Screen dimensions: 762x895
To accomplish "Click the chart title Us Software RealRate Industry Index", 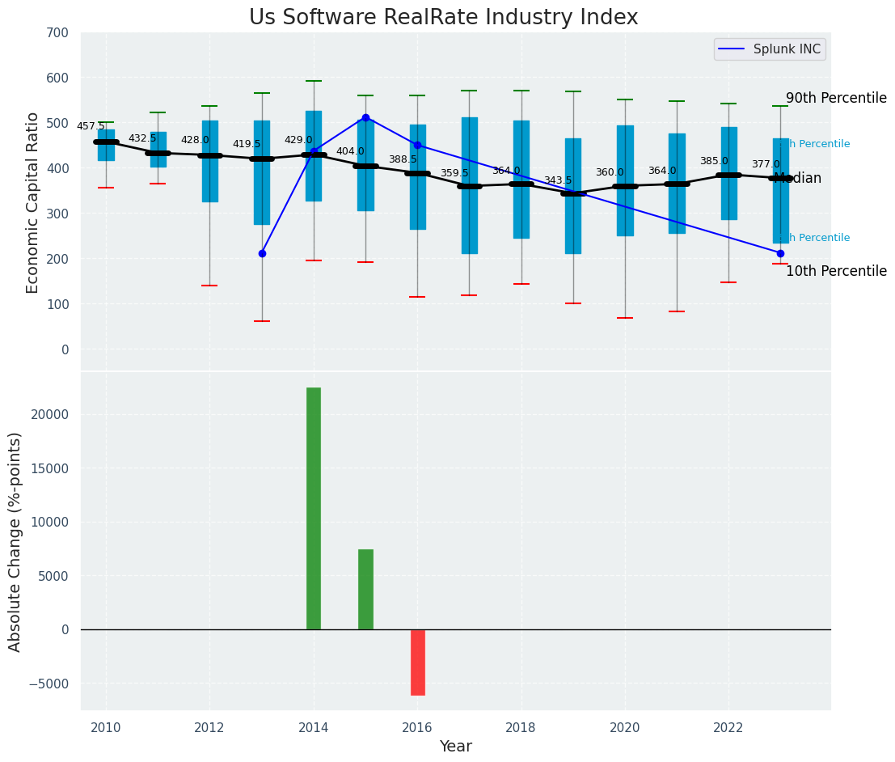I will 443,18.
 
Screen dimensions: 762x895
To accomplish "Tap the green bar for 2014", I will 314,508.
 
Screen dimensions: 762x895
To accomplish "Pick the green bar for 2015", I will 365,589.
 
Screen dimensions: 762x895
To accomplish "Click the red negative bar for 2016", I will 417,662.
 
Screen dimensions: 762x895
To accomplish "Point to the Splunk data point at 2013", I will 262,253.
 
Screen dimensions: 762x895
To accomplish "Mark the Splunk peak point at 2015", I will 365,117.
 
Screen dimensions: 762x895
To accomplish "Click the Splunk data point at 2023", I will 780,253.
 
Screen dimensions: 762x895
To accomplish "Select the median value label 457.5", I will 91,126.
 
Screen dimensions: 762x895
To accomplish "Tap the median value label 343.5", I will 558,180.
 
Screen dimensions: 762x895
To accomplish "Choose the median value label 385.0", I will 714,161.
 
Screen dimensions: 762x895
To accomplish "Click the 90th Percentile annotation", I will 836,98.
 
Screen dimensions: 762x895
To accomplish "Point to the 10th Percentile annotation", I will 836,271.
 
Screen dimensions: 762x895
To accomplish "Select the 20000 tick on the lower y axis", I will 51,414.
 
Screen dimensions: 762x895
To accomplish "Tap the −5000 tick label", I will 50,684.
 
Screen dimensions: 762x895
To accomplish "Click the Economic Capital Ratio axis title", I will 33,202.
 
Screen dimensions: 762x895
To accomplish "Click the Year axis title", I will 456,747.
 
